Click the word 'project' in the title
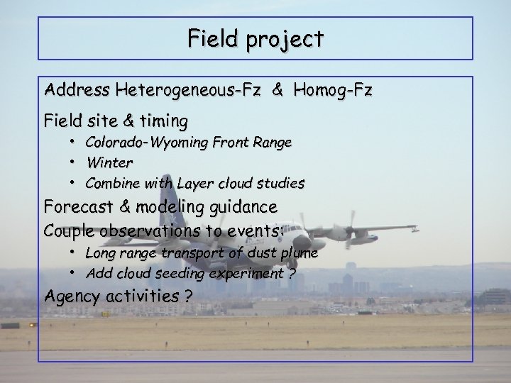tap(287, 39)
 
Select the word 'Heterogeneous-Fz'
tap(189, 91)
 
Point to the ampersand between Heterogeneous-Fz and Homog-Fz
tap(279, 91)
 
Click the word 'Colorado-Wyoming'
tap(145, 143)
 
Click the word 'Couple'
tap(70, 231)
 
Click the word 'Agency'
tap(70, 296)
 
